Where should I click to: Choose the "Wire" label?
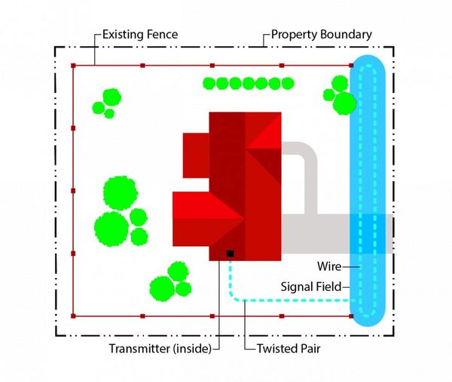(x=330, y=266)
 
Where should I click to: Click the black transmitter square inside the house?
(x=230, y=254)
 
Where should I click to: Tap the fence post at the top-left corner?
(x=74, y=66)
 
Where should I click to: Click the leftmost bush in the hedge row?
(x=210, y=83)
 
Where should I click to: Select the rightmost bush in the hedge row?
(x=287, y=83)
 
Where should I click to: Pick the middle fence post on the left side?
(x=74, y=191)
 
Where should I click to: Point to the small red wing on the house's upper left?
(x=196, y=155)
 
